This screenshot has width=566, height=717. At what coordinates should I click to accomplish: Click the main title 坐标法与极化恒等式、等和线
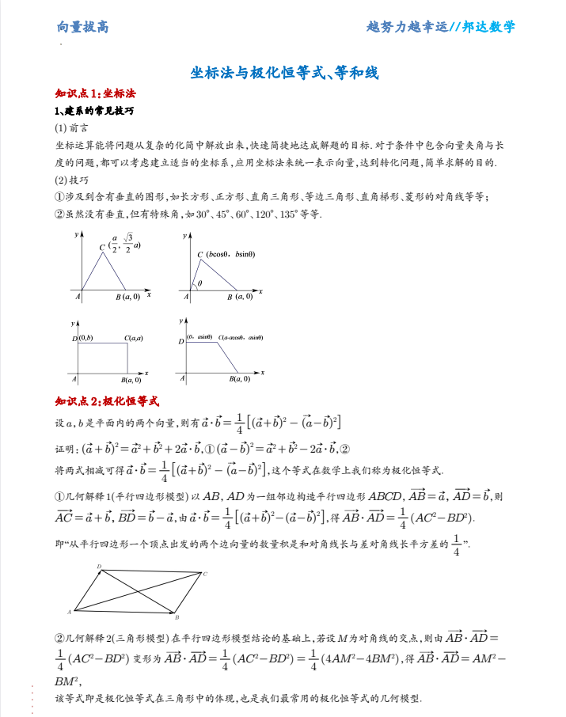[x=285, y=74]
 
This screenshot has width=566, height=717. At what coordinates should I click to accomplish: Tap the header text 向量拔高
[x=82, y=27]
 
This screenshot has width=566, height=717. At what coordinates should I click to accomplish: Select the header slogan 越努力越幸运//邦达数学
[x=441, y=27]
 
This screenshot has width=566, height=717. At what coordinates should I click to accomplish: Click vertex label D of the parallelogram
[x=99, y=567]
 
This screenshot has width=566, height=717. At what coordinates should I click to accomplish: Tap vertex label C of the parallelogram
[x=206, y=574]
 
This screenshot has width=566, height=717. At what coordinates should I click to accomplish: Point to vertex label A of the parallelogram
[x=70, y=611]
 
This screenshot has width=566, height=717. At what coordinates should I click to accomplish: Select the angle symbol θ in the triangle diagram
[x=199, y=283]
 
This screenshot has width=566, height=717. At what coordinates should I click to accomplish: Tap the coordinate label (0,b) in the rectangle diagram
[x=85, y=339]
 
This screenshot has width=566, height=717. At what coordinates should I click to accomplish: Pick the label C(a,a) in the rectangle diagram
[x=133, y=339]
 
